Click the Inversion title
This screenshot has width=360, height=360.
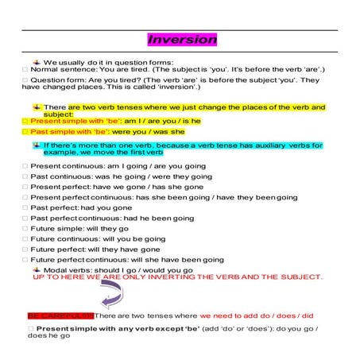[x=182, y=39]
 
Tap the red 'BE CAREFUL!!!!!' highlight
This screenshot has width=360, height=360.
[x=60, y=315]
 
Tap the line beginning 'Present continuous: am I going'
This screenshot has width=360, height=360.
[x=119, y=166]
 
